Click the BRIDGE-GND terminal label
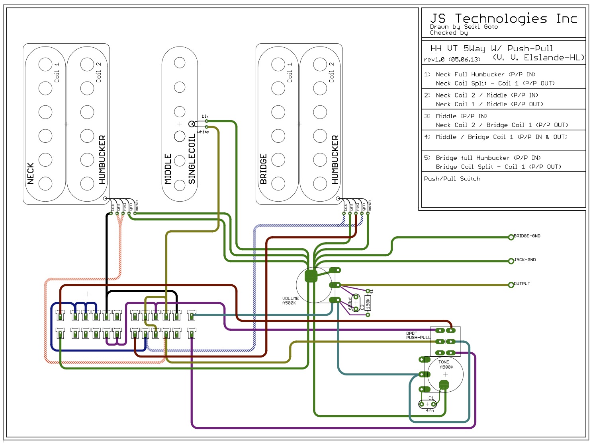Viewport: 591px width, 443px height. (527, 236)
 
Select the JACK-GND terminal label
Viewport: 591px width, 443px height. (525, 260)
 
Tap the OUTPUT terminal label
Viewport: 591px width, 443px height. (522, 284)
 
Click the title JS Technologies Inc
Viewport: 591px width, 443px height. (503, 19)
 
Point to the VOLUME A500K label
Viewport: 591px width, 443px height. (290, 301)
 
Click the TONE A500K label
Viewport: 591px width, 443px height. (446, 365)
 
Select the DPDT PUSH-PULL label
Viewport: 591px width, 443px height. (418, 336)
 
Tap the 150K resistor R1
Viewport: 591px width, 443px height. (368, 303)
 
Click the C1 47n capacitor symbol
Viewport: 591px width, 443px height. (428, 404)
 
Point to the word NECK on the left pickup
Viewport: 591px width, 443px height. (31, 173)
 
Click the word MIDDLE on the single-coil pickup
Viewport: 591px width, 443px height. (168, 169)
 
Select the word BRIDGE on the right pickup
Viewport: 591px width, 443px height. (263, 169)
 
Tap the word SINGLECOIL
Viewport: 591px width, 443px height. (192, 159)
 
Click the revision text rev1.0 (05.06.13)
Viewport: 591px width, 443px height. (452, 60)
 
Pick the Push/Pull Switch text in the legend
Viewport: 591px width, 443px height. (452, 179)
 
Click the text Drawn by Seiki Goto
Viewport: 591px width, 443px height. (464, 27)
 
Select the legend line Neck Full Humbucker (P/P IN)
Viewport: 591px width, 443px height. (485, 74)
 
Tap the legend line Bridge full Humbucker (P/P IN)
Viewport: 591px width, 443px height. (488, 158)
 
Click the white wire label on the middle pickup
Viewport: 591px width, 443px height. (203, 132)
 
